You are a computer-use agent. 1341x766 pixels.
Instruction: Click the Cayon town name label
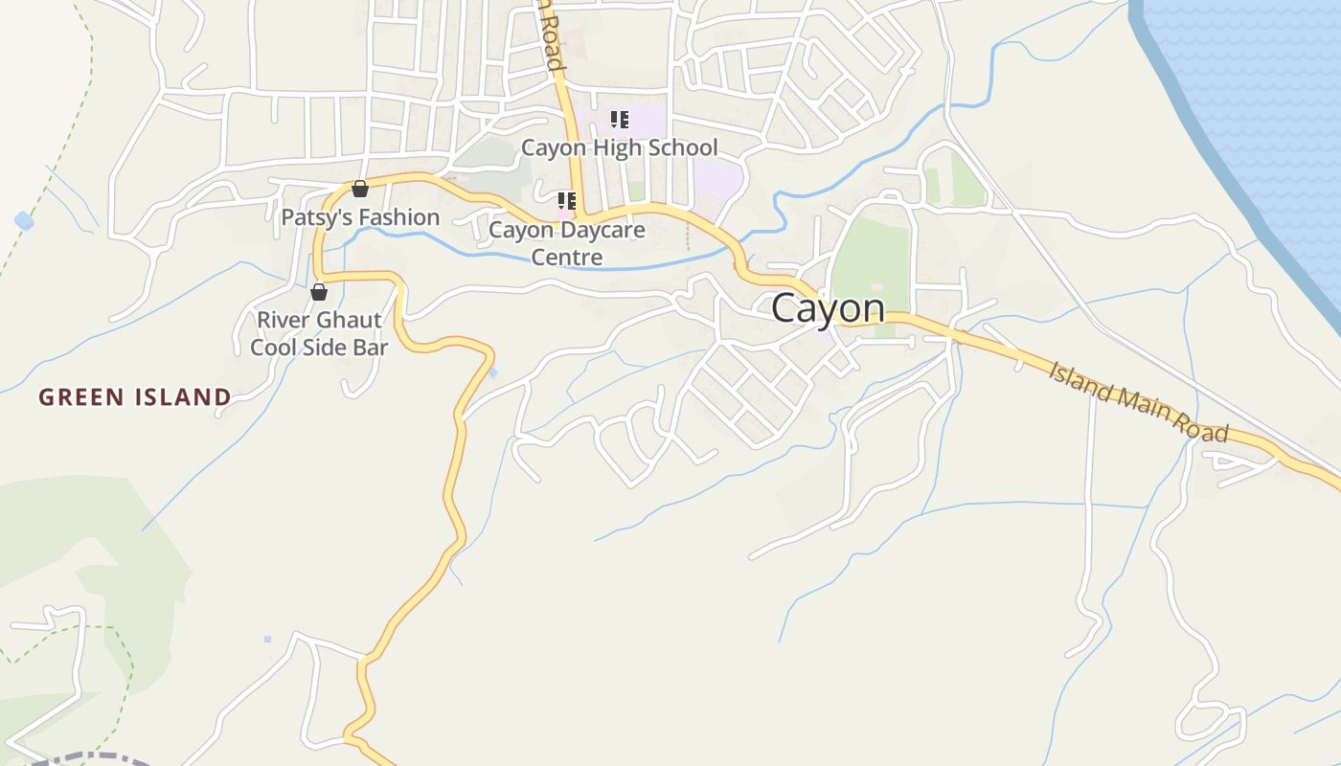click(x=828, y=308)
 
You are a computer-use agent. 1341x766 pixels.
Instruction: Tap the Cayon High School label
click(x=619, y=147)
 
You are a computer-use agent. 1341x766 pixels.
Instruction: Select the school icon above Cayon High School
click(x=620, y=120)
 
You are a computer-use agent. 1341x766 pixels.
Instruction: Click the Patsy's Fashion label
click(x=360, y=217)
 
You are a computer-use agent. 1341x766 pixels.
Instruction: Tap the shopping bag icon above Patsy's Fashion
click(x=360, y=189)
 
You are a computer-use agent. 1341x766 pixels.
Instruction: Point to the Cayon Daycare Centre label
click(x=567, y=243)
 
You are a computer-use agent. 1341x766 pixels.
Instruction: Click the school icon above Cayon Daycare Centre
click(x=567, y=201)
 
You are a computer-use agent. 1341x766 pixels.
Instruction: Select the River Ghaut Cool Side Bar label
click(x=319, y=333)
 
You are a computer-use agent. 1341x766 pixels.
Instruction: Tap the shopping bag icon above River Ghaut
click(x=319, y=292)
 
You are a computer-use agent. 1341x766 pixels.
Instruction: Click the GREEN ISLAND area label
click(x=135, y=396)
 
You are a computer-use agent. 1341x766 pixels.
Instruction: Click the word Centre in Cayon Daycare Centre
click(x=567, y=257)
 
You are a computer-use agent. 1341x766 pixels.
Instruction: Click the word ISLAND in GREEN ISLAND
click(x=182, y=396)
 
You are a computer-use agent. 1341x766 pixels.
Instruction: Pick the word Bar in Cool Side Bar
click(x=371, y=347)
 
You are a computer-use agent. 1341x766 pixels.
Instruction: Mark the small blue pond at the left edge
click(x=24, y=221)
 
